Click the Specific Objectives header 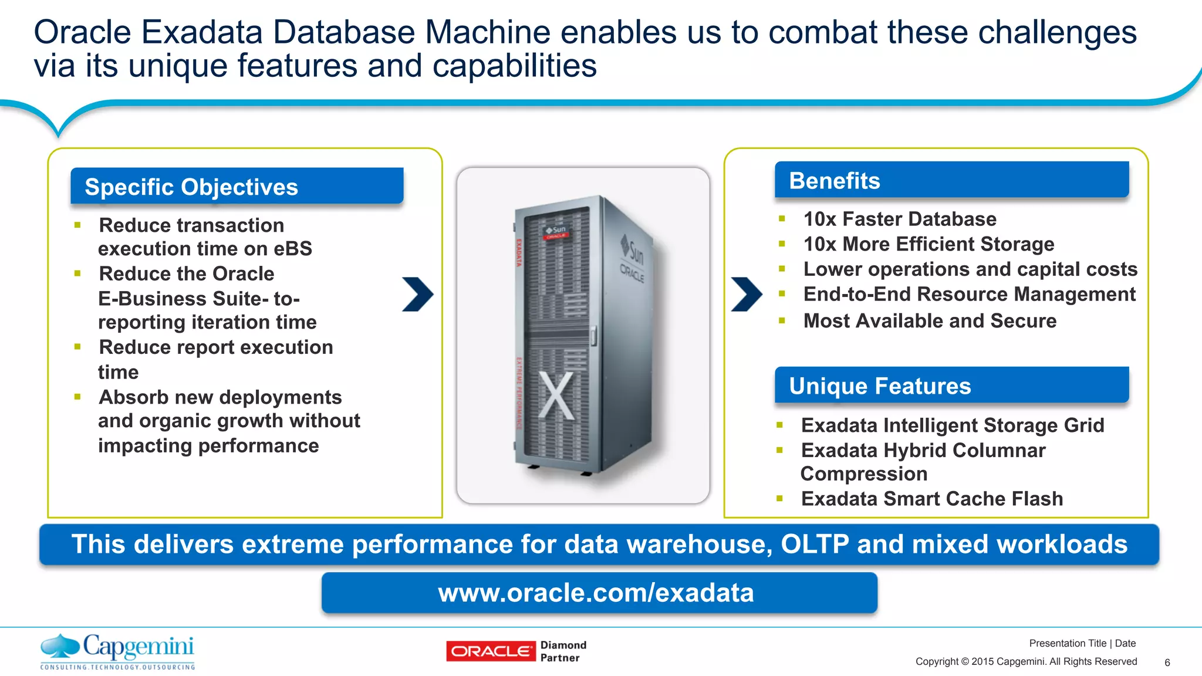[237, 187]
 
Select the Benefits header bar [951, 180]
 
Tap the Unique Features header [951, 386]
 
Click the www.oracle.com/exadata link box [599, 593]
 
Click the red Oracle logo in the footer [491, 651]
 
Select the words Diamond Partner [562, 651]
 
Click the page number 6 [1167, 663]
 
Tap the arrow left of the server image [418, 294]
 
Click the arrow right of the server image [747, 294]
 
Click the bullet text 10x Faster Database [899, 219]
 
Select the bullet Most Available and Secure [929, 320]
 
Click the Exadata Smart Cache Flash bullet [931, 498]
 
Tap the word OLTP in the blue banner [814, 544]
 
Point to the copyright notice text [1025, 661]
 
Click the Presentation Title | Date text [1082, 643]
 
